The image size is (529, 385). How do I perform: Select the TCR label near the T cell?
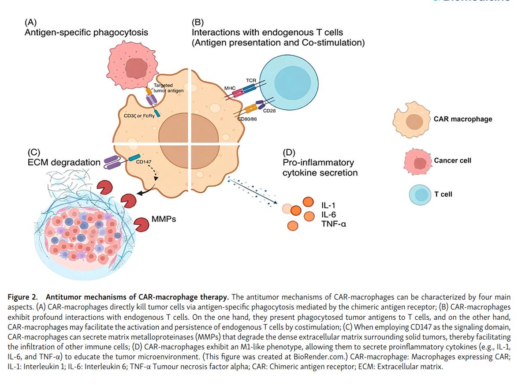[x=251, y=80]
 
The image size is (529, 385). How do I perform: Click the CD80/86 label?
[x=248, y=119]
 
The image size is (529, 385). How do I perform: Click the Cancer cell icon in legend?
[x=417, y=161]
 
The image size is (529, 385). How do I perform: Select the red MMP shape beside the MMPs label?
[x=143, y=224]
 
